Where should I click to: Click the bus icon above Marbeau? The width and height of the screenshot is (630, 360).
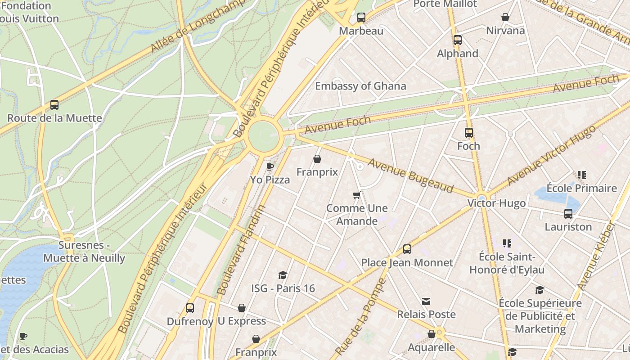361,18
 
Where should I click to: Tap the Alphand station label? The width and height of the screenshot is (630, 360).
457,53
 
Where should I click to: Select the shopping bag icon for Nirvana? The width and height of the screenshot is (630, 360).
505,17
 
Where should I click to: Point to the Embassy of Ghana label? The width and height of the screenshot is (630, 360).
360,86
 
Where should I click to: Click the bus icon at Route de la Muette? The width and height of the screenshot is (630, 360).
54,105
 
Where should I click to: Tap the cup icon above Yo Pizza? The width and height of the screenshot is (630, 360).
270,166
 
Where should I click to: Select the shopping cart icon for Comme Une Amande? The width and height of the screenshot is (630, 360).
357,195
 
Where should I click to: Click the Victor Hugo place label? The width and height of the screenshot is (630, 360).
496,203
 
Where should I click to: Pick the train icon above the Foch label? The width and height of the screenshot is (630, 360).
469,133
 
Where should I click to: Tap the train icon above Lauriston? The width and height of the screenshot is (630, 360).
568,214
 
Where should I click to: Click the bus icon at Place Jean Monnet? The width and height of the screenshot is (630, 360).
407,249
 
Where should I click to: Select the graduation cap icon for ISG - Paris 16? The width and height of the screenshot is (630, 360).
283,275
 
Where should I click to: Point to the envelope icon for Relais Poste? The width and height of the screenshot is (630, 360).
426,301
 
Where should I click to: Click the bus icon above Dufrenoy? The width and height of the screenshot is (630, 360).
190,308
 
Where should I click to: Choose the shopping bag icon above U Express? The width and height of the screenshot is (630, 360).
242,308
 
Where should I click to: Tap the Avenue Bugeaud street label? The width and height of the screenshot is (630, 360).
410,175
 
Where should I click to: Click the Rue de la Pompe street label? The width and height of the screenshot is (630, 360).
361,317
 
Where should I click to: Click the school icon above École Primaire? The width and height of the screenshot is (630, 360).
581,175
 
